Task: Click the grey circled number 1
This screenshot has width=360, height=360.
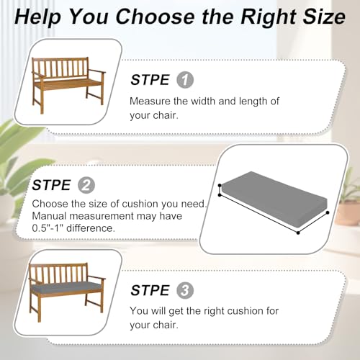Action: (x=185, y=80)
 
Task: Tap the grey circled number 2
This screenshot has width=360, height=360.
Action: (x=86, y=185)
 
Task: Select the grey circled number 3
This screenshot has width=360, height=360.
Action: (x=185, y=290)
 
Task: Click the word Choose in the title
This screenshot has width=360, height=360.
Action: (x=155, y=17)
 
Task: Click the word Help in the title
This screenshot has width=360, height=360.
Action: (x=38, y=17)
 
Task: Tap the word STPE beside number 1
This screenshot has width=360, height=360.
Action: (x=150, y=80)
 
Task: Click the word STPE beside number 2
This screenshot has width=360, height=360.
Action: (x=51, y=185)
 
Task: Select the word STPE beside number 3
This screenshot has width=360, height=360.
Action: (x=150, y=290)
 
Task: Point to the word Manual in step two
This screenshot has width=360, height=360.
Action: (x=49, y=216)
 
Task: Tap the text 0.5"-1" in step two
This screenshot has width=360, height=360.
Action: (x=48, y=228)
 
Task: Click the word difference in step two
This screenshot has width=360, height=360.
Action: (x=91, y=228)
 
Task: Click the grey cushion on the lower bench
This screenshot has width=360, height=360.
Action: (x=66, y=287)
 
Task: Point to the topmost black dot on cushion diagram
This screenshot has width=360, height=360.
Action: (x=220, y=185)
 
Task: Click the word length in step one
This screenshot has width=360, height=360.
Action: (x=253, y=102)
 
